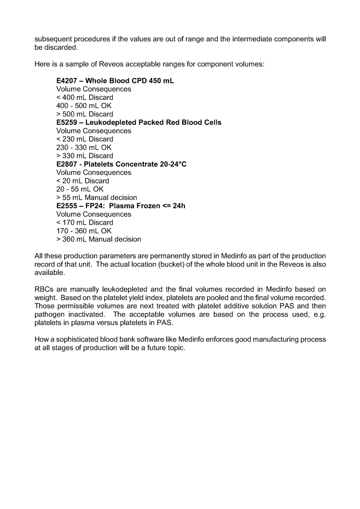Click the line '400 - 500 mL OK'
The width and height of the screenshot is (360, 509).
pyautogui.click(x=84, y=105)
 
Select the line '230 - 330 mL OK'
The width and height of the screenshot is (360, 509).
pyautogui.click(x=84, y=147)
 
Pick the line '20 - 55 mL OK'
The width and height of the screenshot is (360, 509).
pyautogui.click(x=81, y=189)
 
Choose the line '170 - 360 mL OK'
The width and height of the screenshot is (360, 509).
pyautogui.click(x=84, y=231)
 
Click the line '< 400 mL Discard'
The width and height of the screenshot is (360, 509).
pyautogui.click(x=85, y=97)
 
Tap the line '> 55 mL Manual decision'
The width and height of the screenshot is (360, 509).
pyautogui.click(x=96, y=197)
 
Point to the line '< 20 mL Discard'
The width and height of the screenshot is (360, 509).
pyautogui.click(x=83, y=181)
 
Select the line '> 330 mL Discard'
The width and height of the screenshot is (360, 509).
pyautogui.click(x=85, y=156)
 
